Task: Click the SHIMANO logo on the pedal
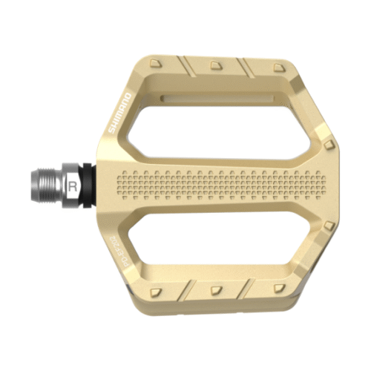click(122, 113)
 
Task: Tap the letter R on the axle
click(72, 185)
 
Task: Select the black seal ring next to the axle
click(91, 185)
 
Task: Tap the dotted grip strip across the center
click(223, 185)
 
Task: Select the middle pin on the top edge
click(215, 65)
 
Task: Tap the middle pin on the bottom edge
click(215, 289)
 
